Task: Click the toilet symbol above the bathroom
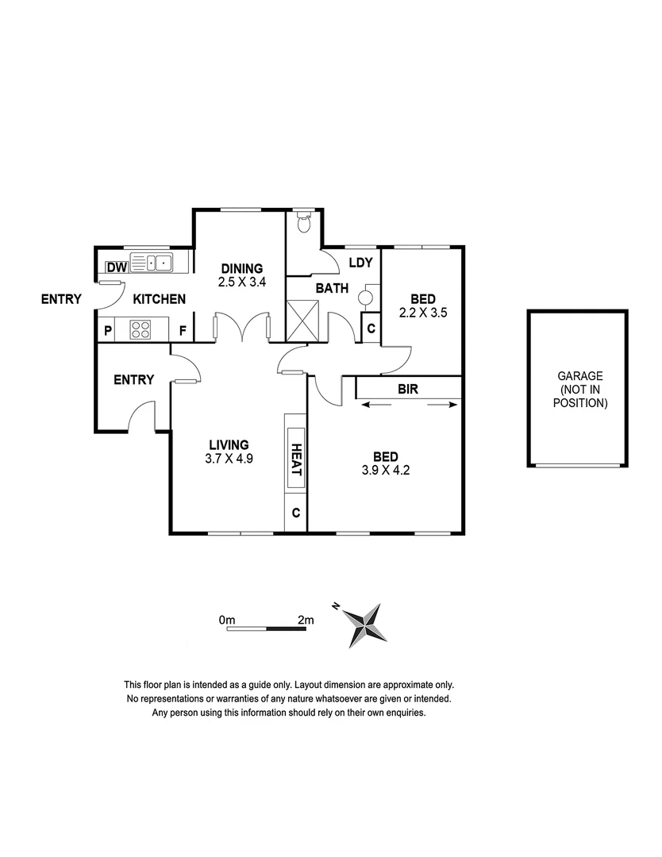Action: coord(302,224)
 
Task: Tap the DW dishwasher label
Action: coord(116,267)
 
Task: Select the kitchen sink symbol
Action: coord(152,262)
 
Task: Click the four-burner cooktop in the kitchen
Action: coord(140,329)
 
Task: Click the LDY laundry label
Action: coord(360,263)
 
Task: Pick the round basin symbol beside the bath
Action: coord(366,298)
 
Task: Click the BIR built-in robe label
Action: coord(409,390)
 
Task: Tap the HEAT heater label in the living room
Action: coord(294,459)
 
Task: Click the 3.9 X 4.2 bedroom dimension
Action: coord(385,469)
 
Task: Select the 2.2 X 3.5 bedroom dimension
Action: coord(422,312)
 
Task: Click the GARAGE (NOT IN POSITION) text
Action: coord(580,390)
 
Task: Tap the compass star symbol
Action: coord(366,622)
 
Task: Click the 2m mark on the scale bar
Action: coord(306,619)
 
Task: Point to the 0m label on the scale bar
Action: coord(228,619)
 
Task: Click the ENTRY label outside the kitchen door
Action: coord(63,299)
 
